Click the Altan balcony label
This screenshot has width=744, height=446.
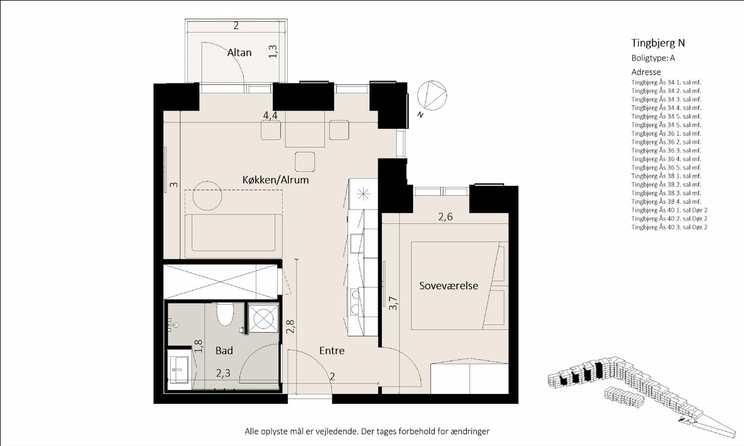pyautogui.click(x=239, y=52)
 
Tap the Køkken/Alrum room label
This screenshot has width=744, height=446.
pyautogui.click(x=275, y=180)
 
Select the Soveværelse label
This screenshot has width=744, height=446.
pyautogui.click(x=448, y=286)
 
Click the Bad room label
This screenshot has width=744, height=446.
pyautogui.click(x=224, y=350)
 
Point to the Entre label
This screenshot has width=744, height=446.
pyautogui.click(x=332, y=350)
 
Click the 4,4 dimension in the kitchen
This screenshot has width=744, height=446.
pyautogui.click(x=270, y=116)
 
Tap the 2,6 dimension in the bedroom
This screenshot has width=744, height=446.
pyautogui.click(x=445, y=216)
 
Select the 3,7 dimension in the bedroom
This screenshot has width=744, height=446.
pyautogui.click(x=393, y=303)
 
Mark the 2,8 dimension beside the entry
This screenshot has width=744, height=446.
pyautogui.click(x=291, y=326)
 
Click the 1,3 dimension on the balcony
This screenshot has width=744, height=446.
pyautogui.click(x=272, y=51)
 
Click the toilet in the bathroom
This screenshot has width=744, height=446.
pyautogui.click(x=225, y=314)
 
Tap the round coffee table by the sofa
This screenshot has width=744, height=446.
pyautogui.click(x=207, y=196)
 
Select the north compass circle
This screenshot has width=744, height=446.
pyautogui.click(x=432, y=95)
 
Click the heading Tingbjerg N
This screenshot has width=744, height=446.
pyautogui.click(x=658, y=43)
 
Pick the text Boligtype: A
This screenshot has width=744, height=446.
pyautogui.click(x=653, y=58)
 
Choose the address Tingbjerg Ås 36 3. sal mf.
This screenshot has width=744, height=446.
pyautogui.click(x=666, y=151)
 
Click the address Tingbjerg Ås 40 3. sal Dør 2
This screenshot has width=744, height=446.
pyautogui.click(x=669, y=227)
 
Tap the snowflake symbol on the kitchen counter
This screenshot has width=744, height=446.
pyautogui.click(x=363, y=194)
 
